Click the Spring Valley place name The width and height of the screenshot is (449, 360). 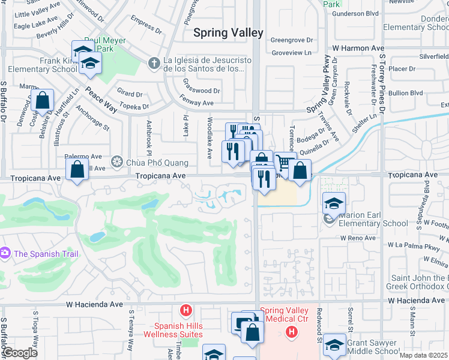[x=228, y=33]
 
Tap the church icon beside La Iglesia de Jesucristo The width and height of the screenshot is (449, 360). [x=154, y=62]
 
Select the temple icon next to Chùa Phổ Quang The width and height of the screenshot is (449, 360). [x=116, y=162]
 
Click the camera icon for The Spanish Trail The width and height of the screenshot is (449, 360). [x=5, y=253]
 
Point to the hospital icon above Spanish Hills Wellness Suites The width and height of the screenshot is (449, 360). [x=186, y=310]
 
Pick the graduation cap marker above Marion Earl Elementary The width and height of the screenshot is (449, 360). [x=334, y=203]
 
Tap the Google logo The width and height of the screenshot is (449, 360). [x=20, y=353]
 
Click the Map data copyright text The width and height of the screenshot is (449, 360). [x=423, y=355]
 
